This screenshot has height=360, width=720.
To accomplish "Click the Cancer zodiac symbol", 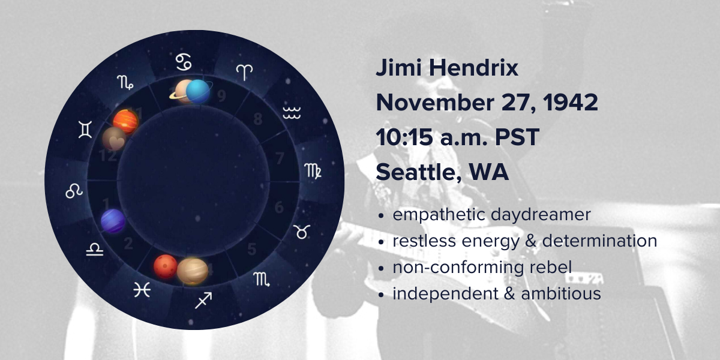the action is pyautogui.click(x=184, y=62).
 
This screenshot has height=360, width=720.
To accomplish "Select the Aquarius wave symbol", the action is pyautogui.click(x=292, y=113).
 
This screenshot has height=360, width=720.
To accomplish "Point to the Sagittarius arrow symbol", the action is pyautogui.click(x=203, y=301).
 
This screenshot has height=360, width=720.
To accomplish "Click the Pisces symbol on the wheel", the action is pyautogui.click(x=142, y=290).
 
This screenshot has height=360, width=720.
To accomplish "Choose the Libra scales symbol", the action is pyautogui.click(x=95, y=250).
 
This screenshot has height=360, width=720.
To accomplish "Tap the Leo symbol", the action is pyautogui.click(x=74, y=191).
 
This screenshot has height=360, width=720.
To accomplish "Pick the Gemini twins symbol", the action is pyautogui.click(x=85, y=130).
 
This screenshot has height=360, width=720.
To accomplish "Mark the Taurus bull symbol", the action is pyautogui.click(x=301, y=232).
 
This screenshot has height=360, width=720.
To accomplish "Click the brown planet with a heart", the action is pyautogui.click(x=114, y=139).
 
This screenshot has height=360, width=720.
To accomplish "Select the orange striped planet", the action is pyautogui.click(x=125, y=121).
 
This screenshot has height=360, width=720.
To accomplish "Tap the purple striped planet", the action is pyautogui.click(x=113, y=221).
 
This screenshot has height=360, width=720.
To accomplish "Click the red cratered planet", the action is pyautogui.click(x=165, y=266).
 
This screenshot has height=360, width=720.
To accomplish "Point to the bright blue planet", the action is pyautogui.click(x=198, y=92).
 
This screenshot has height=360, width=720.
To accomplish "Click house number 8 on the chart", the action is pyautogui.click(x=258, y=119).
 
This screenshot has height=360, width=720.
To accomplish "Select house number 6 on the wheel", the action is pyautogui.click(x=279, y=208).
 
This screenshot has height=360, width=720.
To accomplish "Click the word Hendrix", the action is pyautogui.click(x=473, y=68).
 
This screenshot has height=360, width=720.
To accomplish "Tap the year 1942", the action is pyautogui.click(x=570, y=103).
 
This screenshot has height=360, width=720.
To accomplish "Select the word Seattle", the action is pyautogui.click(x=419, y=172).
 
